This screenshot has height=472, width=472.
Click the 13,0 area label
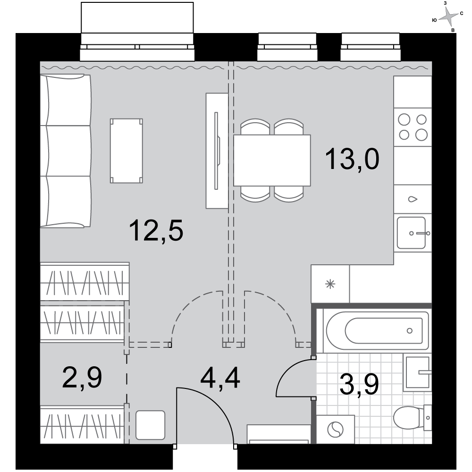click(352, 159)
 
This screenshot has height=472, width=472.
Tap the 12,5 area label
click(156, 230)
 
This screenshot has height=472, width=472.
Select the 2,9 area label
click(82, 377)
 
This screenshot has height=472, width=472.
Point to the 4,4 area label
click(220, 379)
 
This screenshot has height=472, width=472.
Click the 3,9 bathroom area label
click(359, 384)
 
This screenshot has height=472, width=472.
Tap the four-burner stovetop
click(413, 127)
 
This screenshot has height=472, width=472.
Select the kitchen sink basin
click(411, 233)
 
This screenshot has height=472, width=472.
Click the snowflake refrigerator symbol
click(330, 284)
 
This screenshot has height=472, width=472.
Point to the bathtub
click(378, 330)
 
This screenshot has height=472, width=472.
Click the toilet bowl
click(409, 418)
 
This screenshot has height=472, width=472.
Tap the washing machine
click(335, 430)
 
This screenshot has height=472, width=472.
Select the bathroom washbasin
click(418, 372)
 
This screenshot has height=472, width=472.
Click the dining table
click(272, 160)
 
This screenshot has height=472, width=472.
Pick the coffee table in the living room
click(126, 151)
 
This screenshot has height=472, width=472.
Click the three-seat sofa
click(66, 151)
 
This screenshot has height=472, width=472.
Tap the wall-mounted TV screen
click(216, 151)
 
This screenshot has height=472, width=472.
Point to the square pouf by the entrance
click(150, 425)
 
